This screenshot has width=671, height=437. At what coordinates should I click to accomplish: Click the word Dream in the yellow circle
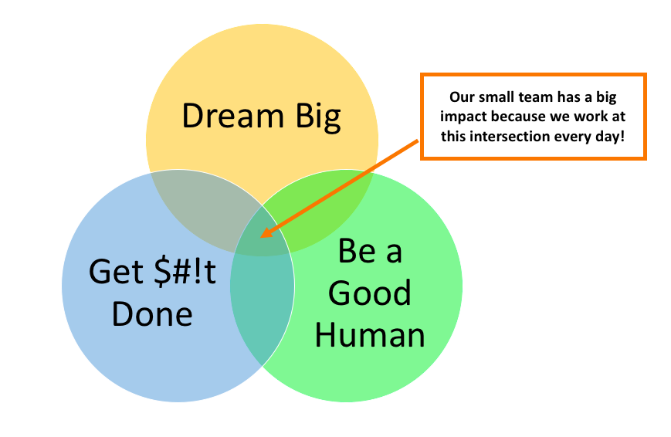tap(232, 116)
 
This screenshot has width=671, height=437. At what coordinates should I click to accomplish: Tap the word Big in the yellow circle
tap(318, 117)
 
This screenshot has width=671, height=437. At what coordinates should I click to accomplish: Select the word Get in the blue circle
tap(116, 271)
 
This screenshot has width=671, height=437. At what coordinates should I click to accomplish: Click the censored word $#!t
tap(185, 271)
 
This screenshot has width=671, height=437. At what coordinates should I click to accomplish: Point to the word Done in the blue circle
tap(152, 313)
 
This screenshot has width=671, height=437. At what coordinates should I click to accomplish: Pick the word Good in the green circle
tap(370, 293)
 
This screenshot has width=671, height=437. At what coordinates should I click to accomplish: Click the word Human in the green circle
tap(370, 335)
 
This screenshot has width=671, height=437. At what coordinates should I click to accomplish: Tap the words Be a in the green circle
tap(370, 250)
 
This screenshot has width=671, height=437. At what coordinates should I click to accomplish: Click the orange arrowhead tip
tap(261, 237)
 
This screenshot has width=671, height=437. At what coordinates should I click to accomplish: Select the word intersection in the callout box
tap(507, 136)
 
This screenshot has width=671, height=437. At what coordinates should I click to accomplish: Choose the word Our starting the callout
tap(463, 97)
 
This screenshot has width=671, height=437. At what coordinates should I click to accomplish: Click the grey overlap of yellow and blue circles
tap(201, 205)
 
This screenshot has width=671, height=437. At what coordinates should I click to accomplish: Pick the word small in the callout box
tap(496, 97)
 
